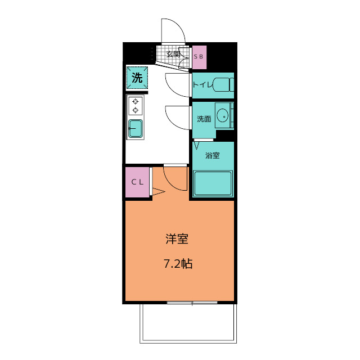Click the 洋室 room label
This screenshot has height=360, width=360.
[x=177, y=238]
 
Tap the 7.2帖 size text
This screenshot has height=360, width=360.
[x=178, y=264]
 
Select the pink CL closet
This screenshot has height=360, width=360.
[x=137, y=182]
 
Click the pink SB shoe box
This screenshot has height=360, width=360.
[x=199, y=57]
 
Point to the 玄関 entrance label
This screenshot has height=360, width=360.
[x=173, y=55]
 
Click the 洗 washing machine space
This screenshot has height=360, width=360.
[x=137, y=78]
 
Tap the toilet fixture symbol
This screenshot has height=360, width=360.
[x=223, y=85]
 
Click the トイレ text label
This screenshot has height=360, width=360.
[x=202, y=85]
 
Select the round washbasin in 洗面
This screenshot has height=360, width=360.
[x=223, y=115]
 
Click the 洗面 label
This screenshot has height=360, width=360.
[x=204, y=119]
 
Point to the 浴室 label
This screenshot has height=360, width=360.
[x=213, y=155]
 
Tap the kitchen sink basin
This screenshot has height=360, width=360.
[x=136, y=129]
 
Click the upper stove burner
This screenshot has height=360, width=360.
[x=136, y=101]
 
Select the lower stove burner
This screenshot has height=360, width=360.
[x=136, y=110]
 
